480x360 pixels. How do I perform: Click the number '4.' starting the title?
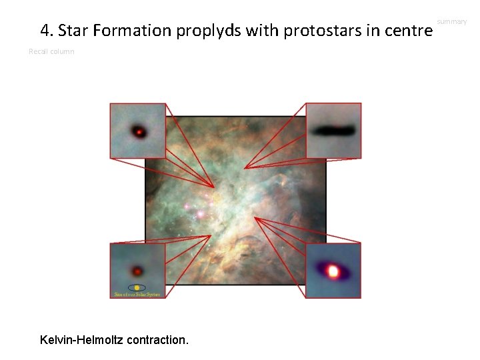47,31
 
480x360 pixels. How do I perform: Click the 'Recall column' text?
51,51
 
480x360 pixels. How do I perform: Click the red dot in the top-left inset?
139,132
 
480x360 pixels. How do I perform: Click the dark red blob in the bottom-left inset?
137,271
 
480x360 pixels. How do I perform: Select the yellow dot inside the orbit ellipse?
137,287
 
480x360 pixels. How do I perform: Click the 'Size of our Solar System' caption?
137,294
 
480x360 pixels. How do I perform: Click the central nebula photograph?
235,200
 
